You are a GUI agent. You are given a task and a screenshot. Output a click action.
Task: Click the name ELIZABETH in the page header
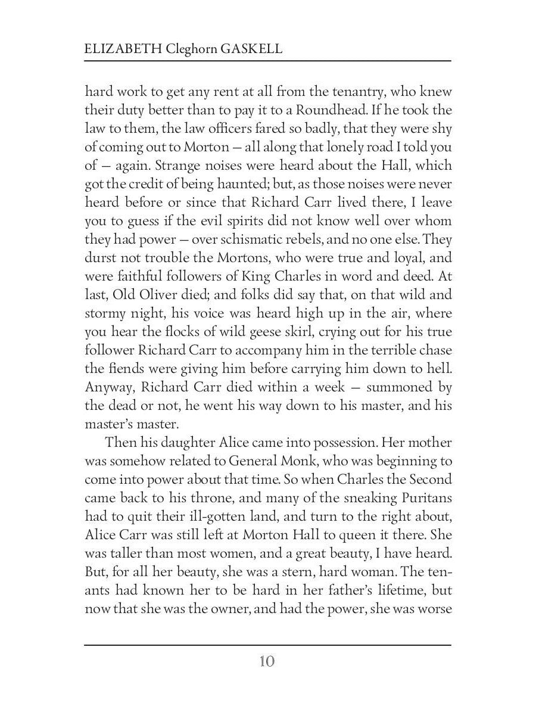click(119, 49)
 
